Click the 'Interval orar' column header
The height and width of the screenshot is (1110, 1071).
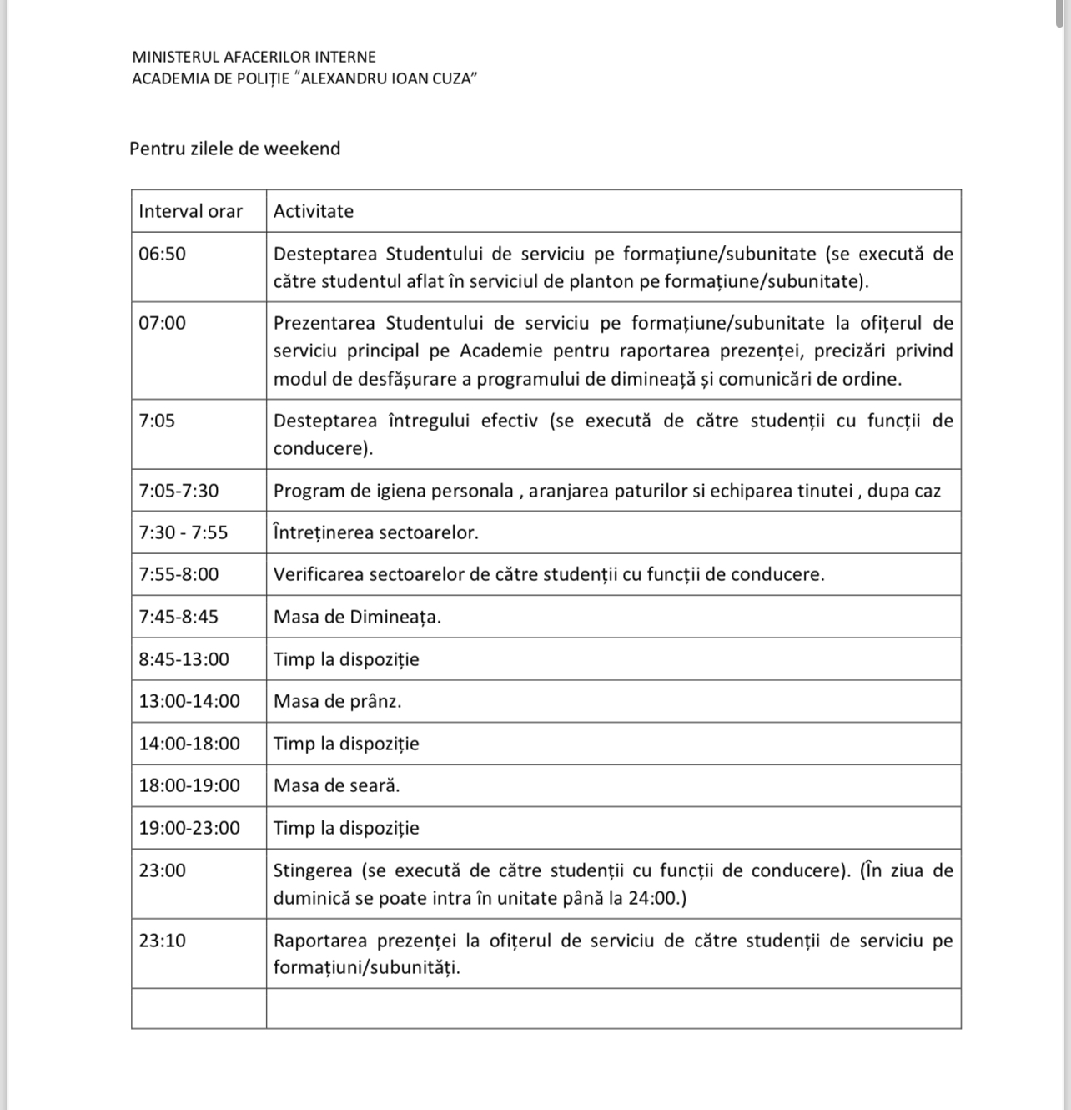191,211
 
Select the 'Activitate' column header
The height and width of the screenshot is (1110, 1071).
314,211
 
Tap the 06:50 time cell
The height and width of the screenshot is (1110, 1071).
163,254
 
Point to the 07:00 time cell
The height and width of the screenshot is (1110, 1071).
163,323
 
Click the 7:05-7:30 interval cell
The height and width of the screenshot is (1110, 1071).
179,491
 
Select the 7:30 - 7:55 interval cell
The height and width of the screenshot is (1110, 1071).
184,532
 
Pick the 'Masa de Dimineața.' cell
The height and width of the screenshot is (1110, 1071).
357,617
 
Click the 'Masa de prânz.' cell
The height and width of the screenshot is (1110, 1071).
338,701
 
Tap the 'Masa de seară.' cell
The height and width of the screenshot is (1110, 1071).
337,785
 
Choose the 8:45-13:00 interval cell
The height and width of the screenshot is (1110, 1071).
184,659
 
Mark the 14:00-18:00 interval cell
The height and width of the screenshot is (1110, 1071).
189,744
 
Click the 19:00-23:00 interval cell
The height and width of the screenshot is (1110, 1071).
189,828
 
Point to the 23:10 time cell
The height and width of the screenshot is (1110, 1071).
163,941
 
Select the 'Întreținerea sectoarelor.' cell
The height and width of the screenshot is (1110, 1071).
376,532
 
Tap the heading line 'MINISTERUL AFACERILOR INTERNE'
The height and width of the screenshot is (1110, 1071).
254,57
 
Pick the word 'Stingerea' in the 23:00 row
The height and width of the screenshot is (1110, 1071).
313,870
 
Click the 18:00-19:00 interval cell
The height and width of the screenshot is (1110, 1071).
189,785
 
